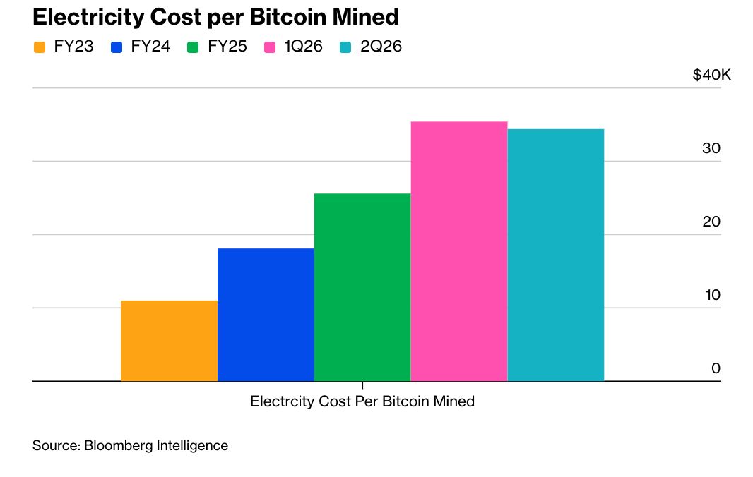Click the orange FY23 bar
pyautogui.click(x=169, y=341)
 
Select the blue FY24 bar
pyautogui.click(x=266, y=315)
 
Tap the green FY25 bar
pyautogui.click(x=362, y=287)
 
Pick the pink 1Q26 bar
pyautogui.click(x=458, y=251)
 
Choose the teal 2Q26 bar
pyautogui.click(x=555, y=255)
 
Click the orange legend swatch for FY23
pyautogui.click(x=40, y=48)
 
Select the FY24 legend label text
pyautogui.click(x=150, y=48)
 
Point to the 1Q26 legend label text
pyautogui.click(x=304, y=48)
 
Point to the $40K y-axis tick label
pyautogui.click(x=711, y=76)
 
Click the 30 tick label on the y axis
pyautogui.click(x=711, y=149)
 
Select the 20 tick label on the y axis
pyautogui.click(x=711, y=222)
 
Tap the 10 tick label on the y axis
pyautogui.click(x=712, y=296)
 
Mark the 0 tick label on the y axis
pyautogui.click(x=716, y=368)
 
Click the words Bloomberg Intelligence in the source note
pyautogui.click(x=156, y=446)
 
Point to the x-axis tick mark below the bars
pyautogui.click(x=362, y=385)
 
